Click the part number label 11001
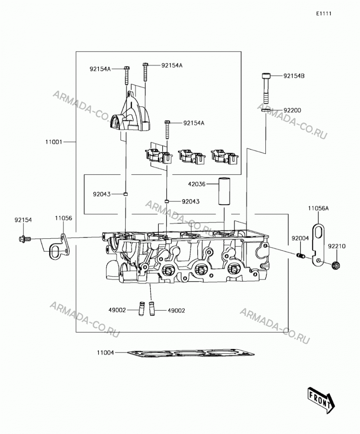click(x=54, y=142)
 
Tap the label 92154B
click(x=294, y=76)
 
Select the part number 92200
click(x=292, y=110)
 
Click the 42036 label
click(x=197, y=184)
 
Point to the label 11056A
click(x=318, y=208)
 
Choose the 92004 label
click(x=300, y=238)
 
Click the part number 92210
click(x=337, y=246)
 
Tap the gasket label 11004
click(x=105, y=352)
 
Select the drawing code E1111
click(x=324, y=13)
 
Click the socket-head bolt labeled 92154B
click(x=265, y=88)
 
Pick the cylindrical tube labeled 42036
click(x=224, y=191)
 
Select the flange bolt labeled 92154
click(x=25, y=239)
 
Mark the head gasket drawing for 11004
click(x=191, y=353)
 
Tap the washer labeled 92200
click(x=266, y=111)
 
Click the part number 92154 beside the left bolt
click(x=23, y=220)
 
